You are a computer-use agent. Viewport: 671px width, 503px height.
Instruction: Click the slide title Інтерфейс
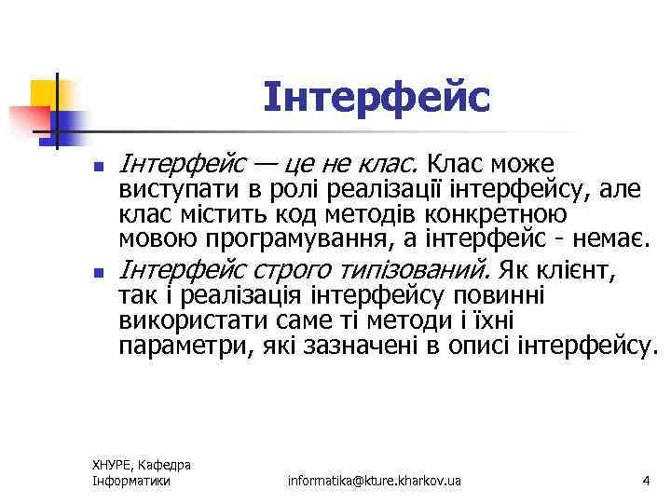pos(376,97)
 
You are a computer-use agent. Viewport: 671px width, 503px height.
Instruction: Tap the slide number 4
pos(645,481)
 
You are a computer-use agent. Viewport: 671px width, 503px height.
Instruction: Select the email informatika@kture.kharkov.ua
pos(375,481)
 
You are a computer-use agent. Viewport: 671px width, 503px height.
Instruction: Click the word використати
pos(183,321)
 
